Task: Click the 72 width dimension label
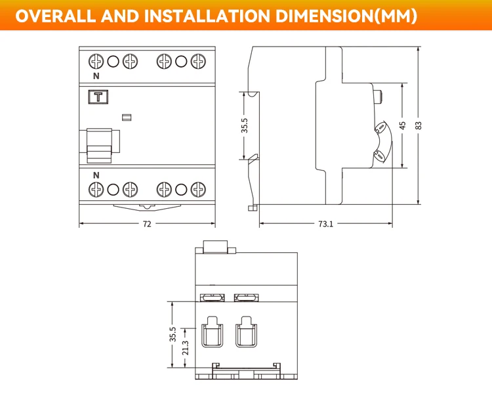click(147, 224)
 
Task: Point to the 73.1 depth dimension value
click(325, 224)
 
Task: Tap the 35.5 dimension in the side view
click(245, 125)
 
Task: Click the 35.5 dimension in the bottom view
click(173, 334)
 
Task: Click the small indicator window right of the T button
click(127, 118)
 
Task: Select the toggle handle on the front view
click(100, 145)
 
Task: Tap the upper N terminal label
click(96, 76)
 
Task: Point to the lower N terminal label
click(96, 175)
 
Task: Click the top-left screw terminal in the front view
click(96, 62)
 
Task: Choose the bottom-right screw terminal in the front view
click(197, 190)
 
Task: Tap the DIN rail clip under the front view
click(147, 208)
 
